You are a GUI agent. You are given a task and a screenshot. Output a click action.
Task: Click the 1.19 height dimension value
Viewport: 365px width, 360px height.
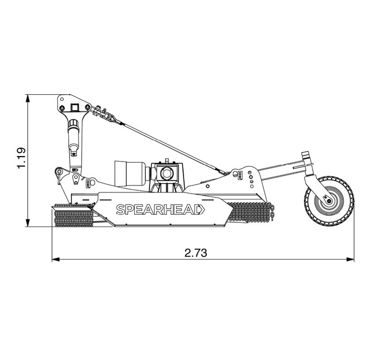22,158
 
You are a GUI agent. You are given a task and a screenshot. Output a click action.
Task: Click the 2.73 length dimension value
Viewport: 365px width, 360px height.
195,253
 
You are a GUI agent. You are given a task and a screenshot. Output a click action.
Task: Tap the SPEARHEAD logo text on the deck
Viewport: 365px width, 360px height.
158,209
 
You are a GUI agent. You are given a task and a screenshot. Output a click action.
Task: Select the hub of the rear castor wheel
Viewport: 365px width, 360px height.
329,201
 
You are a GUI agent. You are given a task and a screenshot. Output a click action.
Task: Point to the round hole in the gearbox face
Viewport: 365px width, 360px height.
166,173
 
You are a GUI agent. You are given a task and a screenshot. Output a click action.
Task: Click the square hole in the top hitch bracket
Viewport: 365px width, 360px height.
75,107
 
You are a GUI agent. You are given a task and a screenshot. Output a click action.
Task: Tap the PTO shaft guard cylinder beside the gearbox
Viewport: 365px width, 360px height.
130,173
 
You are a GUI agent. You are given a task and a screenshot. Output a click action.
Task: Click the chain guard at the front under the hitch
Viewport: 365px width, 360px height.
73,215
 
